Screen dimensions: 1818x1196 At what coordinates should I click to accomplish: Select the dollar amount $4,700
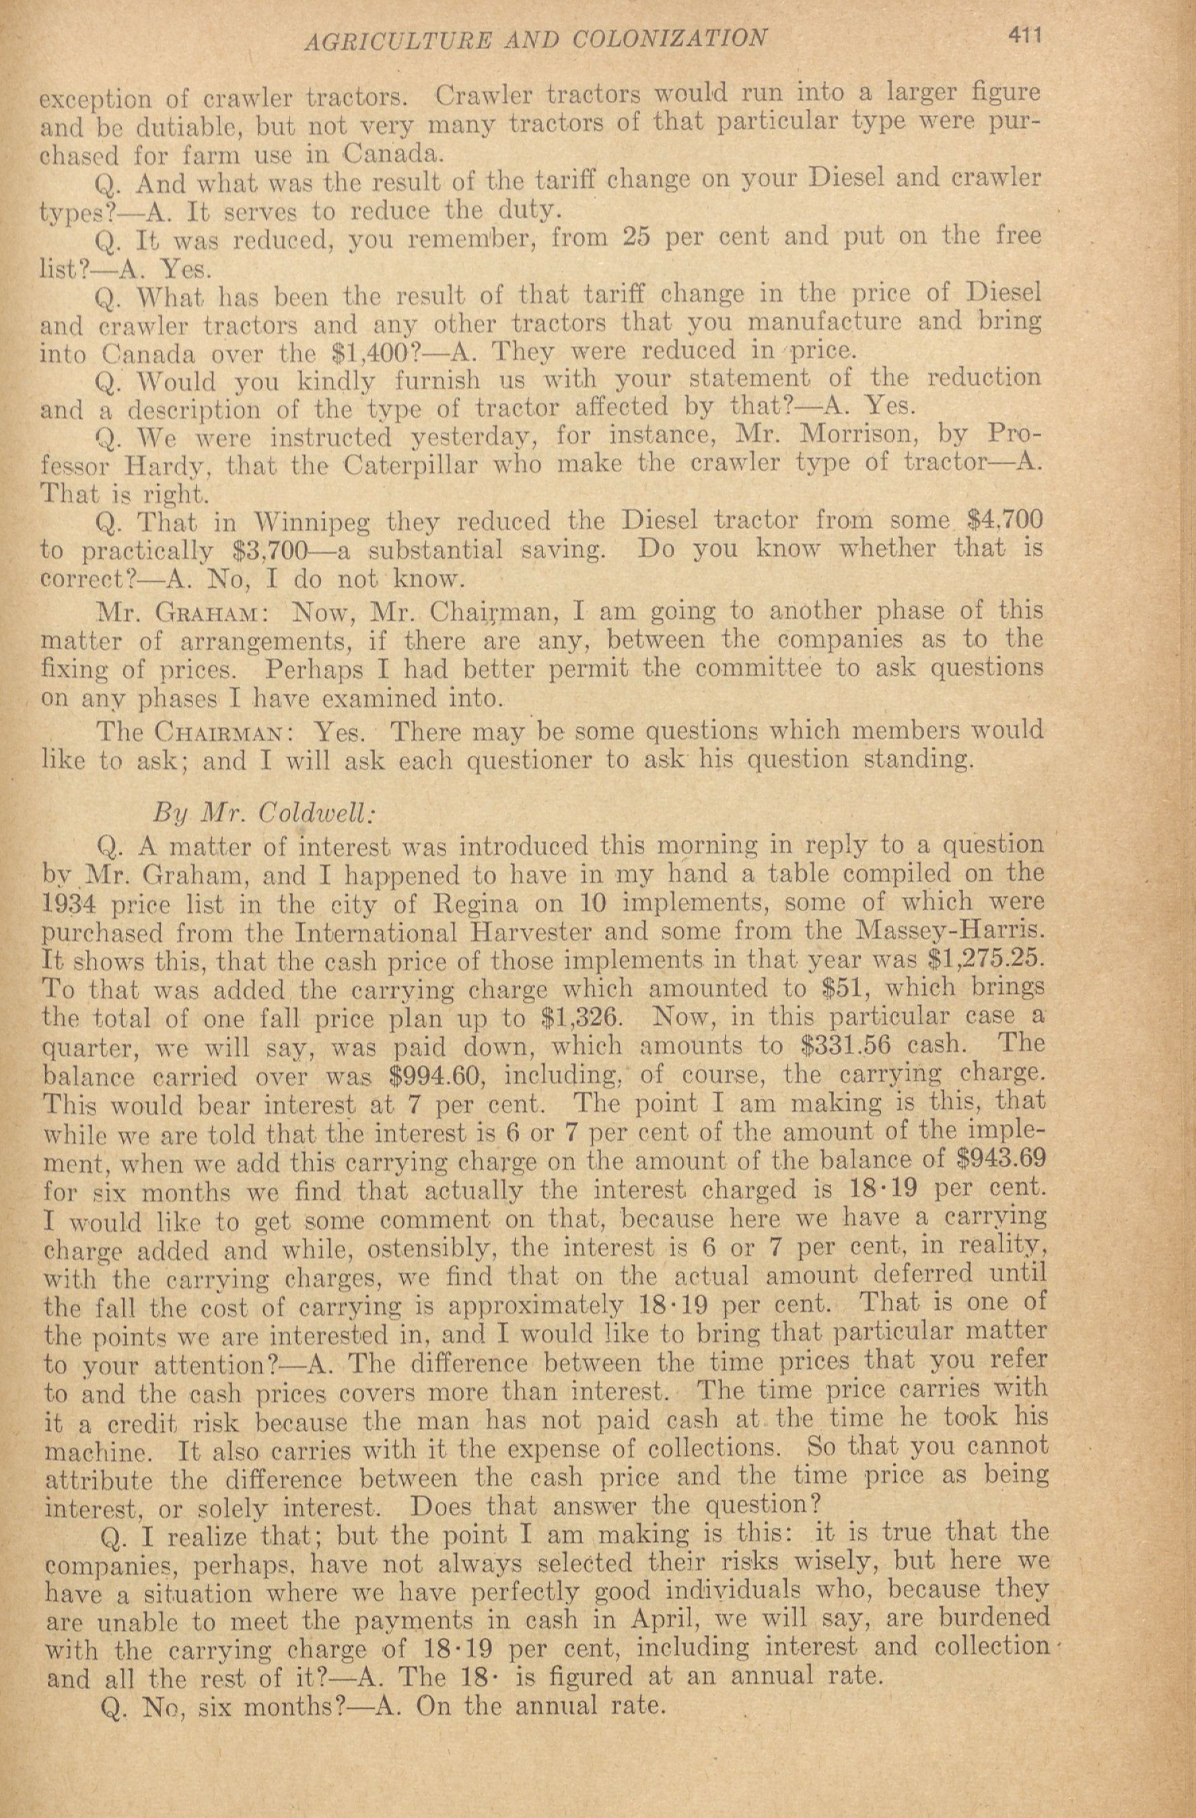pyautogui.click(x=1004, y=521)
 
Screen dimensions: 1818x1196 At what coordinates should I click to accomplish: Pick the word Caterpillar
pyautogui.click(x=414, y=465)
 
